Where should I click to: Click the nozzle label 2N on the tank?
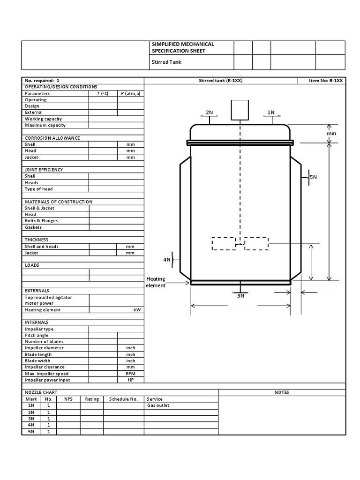click(209, 112)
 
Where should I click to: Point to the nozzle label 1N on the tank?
click(271, 112)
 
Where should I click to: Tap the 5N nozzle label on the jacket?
click(313, 177)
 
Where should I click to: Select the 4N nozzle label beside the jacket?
click(167, 259)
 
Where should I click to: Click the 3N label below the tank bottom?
click(240, 296)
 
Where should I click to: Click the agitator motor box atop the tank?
click(240, 110)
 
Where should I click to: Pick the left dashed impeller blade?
click(224, 244)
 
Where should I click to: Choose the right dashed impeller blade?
click(256, 244)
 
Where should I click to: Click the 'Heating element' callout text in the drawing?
click(156, 282)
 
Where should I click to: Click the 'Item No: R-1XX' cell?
click(326, 81)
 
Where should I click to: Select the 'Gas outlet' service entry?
click(158, 405)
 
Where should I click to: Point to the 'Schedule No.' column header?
click(123, 399)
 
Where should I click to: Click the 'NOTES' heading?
click(282, 392)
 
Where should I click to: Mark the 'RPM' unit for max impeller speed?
click(130, 374)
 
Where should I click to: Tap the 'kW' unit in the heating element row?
click(137, 310)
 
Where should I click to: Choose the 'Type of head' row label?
click(38, 189)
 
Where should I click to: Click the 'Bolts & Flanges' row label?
click(41, 221)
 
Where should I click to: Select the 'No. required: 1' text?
click(42, 81)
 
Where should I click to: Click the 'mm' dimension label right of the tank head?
click(332, 134)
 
